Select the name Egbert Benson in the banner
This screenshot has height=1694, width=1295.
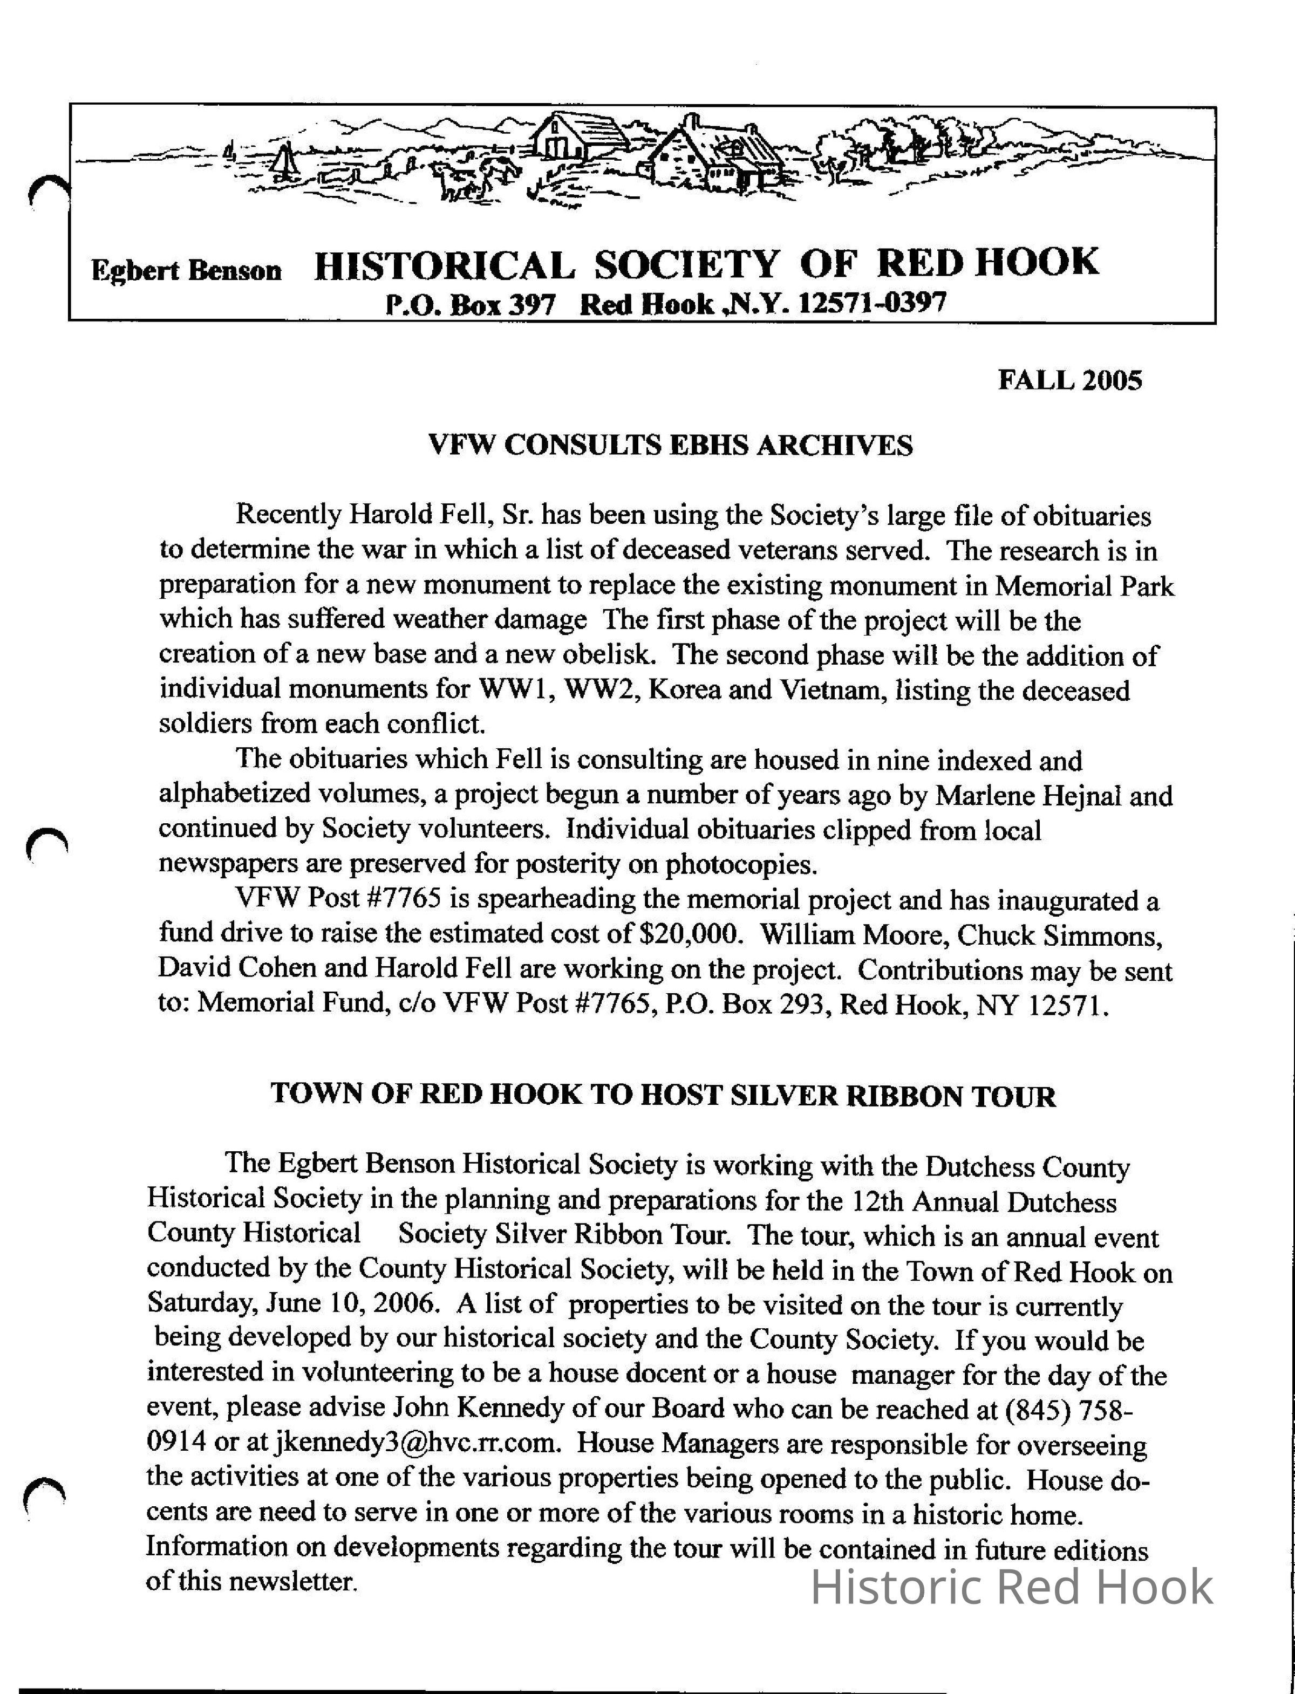tap(187, 270)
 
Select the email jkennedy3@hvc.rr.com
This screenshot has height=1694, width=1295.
tap(416, 1442)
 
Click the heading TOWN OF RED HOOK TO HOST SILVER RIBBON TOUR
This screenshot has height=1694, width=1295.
tap(663, 1095)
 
